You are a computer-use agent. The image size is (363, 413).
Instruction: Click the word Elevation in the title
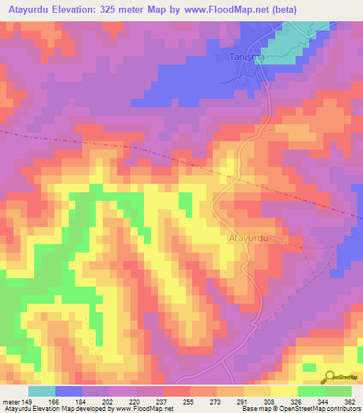[79, 9]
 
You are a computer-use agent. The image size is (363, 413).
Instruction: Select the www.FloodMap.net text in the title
[222, 9]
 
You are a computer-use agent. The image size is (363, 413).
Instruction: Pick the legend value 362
[350, 401]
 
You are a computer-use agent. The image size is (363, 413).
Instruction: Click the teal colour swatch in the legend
[42, 391]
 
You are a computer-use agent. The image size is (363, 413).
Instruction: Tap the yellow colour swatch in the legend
[284, 391]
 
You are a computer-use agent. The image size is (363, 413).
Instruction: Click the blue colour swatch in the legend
[69, 391]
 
